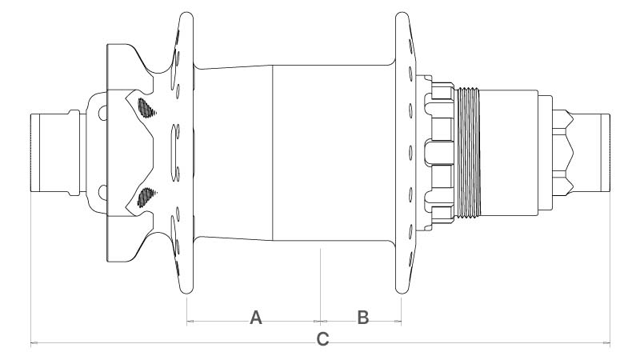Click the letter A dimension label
(256, 318)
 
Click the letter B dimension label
(363, 318)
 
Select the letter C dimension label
(323, 339)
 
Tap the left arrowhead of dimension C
(34, 343)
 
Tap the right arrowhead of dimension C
(606, 343)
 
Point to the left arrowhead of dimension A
(190, 322)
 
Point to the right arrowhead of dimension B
(398, 322)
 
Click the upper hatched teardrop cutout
(146, 108)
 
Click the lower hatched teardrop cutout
(146, 198)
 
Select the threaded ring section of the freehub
(468, 153)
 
